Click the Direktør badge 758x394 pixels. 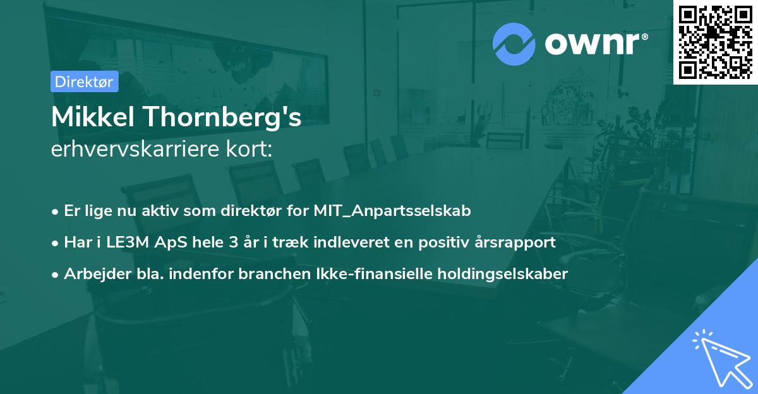[84, 81]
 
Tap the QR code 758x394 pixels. [716, 42]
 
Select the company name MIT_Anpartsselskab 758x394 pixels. [392, 211]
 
